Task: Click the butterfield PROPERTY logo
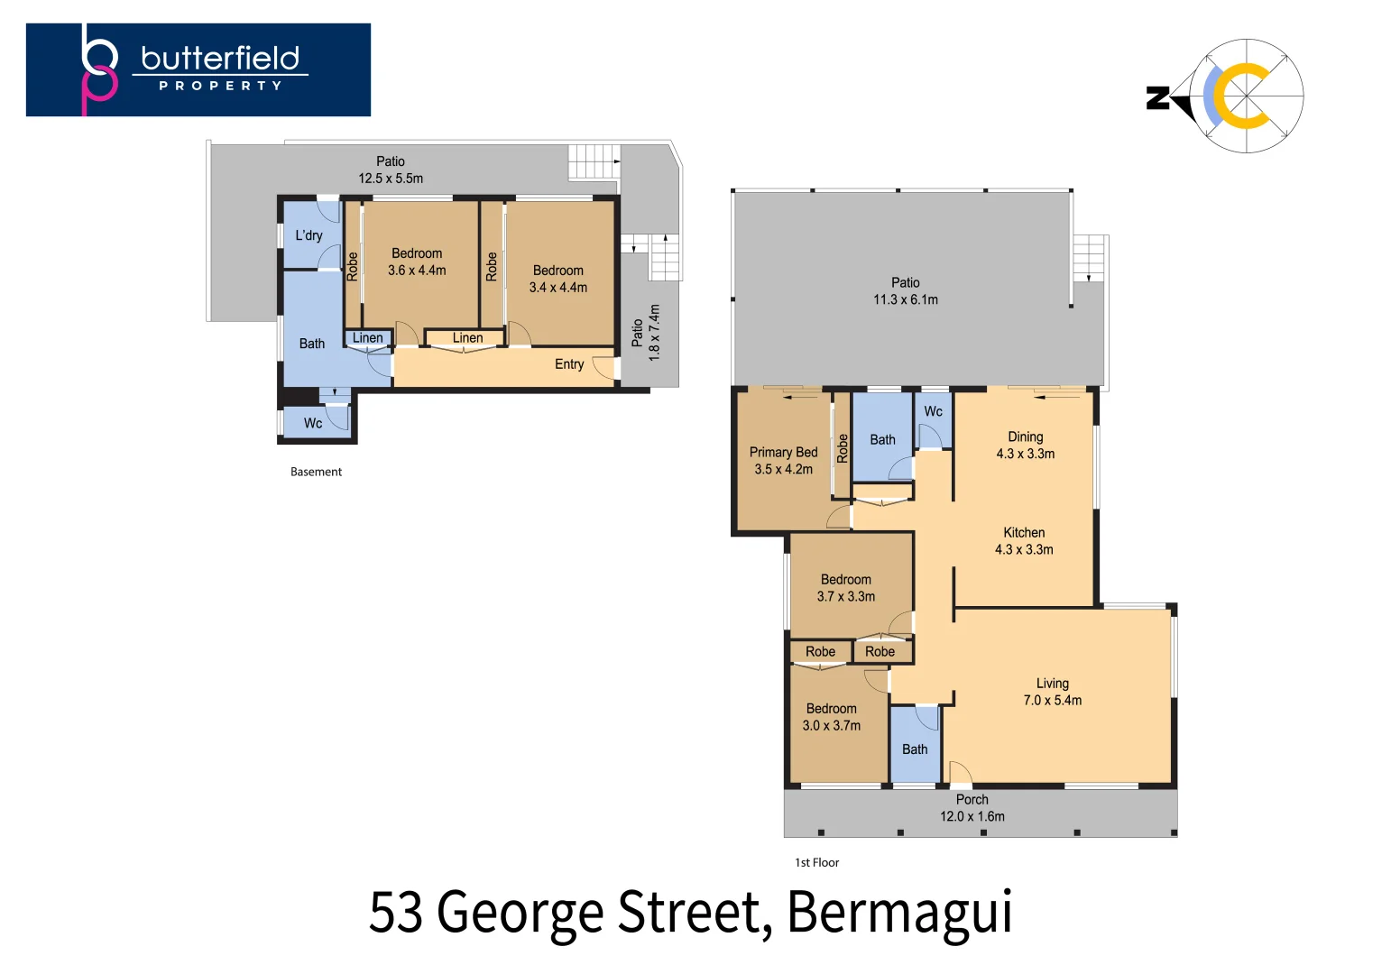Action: (x=198, y=69)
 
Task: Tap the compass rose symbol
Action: (x=1246, y=96)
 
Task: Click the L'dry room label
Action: (x=309, y=236)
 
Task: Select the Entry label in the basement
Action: (x=569, y=364)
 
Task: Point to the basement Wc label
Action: (x=313, y=423)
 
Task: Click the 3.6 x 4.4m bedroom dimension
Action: (x=417, y=271)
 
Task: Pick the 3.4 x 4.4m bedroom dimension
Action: (x=557, y=288)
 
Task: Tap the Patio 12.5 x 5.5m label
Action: (x=391, y=170)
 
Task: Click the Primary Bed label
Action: (x=783, y=452)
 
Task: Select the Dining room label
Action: (x=1026, y=437)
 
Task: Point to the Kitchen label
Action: (x=1024, y=533)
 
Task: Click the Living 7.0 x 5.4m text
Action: (x=1053, y=692)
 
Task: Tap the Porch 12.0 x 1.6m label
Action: (x=972, y=808)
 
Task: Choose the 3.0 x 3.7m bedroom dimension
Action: (x=832, y=726)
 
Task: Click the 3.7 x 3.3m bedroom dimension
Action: (x=846, y=596)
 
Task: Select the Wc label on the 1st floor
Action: (x=933, y=411)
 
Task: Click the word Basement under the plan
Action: (x=316, y=472)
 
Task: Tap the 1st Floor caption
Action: (x=816, y=862)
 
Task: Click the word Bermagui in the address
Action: (x=899, y=914)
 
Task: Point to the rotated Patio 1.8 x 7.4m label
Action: (x=646, y=333)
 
